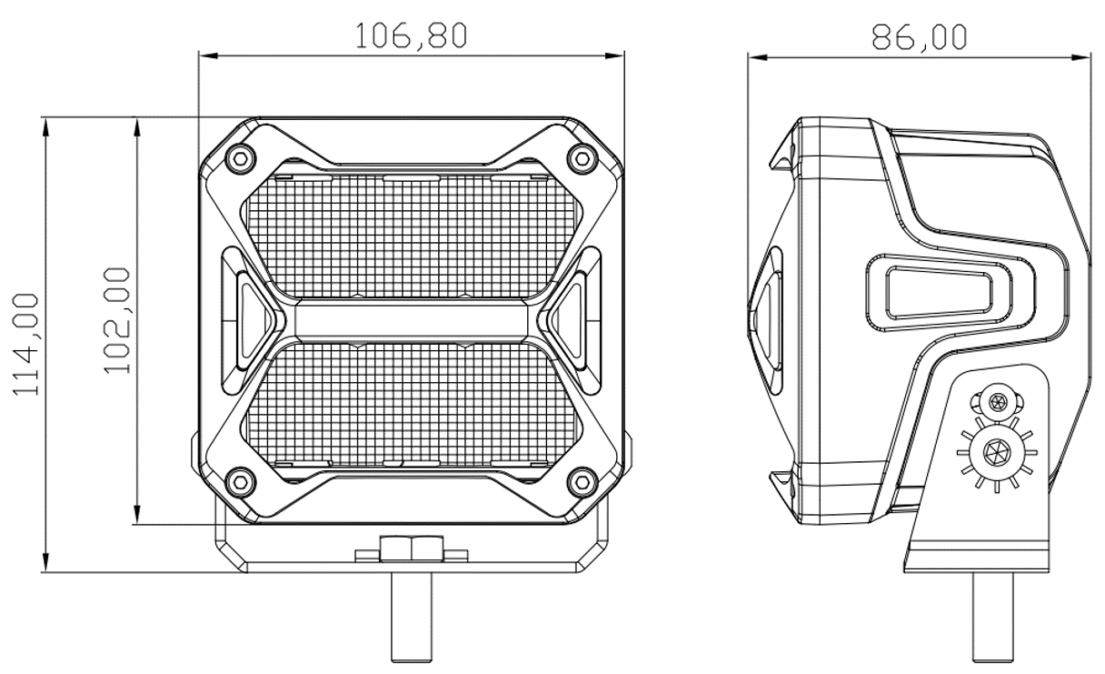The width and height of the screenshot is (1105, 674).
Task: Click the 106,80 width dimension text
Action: (x=411, y=35)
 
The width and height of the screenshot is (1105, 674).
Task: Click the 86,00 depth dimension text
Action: (x=919, y=35)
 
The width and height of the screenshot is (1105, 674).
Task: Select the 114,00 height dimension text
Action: (x=29, y=344)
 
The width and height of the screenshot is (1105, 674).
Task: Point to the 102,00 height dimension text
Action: (x=117, y=320)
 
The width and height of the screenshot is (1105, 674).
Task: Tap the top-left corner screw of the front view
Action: (x=239, y=156)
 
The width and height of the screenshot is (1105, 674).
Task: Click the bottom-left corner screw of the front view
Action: (x=239, y=480)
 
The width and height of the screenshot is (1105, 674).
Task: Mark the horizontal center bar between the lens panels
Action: (x=411, y=319)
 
